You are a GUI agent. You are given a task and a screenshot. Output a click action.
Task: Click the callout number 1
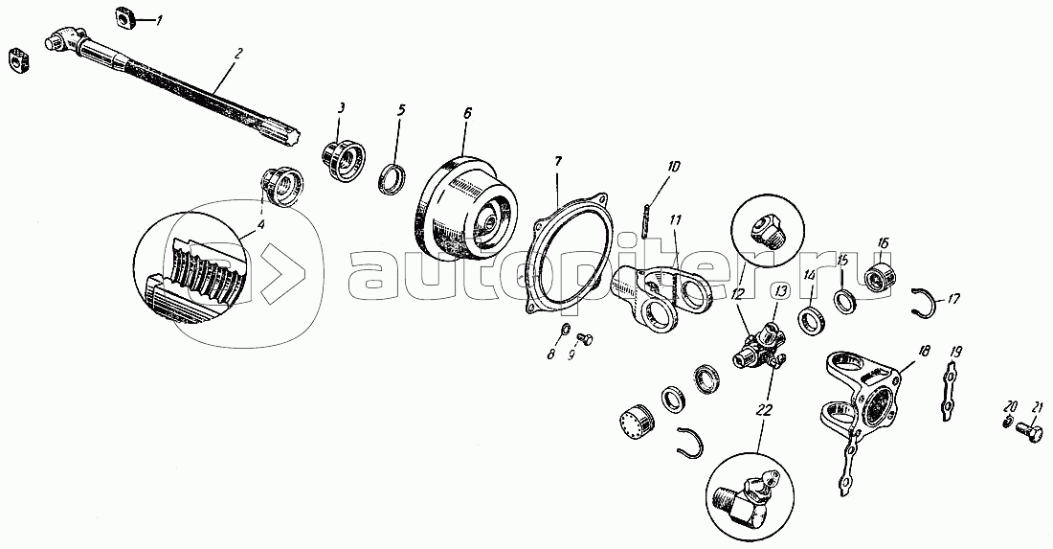[x=159, y=21]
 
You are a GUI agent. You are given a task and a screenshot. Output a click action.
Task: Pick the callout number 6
[x=468, y=112]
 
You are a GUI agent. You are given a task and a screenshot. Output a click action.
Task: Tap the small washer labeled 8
[x=566, y=329]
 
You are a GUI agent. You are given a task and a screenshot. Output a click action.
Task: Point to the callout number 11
[x=675, y=219]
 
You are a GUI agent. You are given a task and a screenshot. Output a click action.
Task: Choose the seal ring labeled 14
[x=811, y=317]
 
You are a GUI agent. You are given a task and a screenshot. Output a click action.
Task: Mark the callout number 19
[x=957, y=352]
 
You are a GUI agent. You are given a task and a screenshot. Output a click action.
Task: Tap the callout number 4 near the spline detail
[x=260, y=224]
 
